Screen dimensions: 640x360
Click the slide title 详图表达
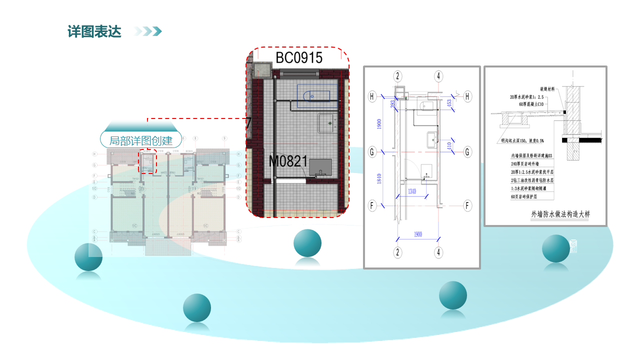coord(94,31)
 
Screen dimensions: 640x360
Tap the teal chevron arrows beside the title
coord(148,31)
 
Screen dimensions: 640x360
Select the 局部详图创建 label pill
coord(140,140)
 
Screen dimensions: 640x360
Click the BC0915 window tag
coord(299,57)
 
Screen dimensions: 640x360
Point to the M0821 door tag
coord(288,161)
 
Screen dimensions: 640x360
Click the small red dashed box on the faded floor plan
coord(148,161)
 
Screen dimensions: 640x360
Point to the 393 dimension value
coord(392,103)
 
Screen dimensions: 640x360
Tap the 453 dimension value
coord(449,104)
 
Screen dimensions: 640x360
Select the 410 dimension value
coord(448,146)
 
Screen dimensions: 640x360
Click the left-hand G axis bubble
coord(372,151)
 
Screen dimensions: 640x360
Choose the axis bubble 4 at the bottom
coord(438,252)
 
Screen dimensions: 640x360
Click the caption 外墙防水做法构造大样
coord(560,214)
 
